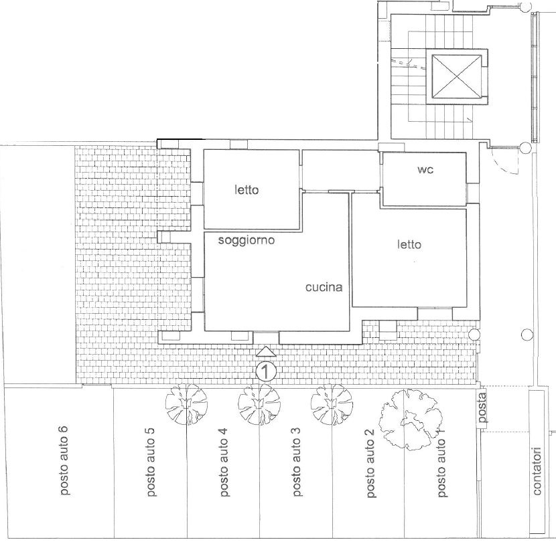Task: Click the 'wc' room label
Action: [425, 170]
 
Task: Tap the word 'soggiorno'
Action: [247, 240]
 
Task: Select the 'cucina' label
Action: [324, 287]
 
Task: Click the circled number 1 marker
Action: [266, 371]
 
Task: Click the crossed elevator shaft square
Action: [457, 76]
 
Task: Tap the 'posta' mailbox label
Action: [482, 408]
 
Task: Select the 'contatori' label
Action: [537, 471]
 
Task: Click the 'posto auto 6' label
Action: [64, 460]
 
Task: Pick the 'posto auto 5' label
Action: [150, 462]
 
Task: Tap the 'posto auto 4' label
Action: [224, 462]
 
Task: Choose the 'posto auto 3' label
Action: [297, 462]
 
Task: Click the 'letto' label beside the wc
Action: [409, 244]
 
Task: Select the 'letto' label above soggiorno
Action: [247, 190]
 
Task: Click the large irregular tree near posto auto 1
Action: [410, 420]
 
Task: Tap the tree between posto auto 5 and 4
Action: [186, 404]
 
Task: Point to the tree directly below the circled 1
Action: [259, 404]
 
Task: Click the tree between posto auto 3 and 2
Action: [332, 404]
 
